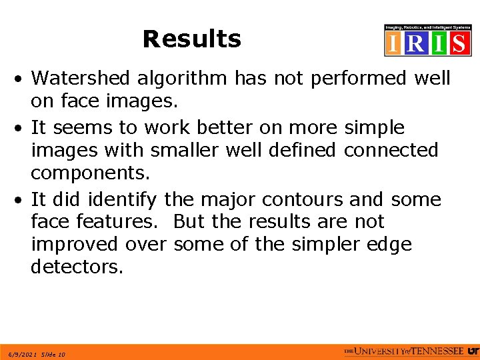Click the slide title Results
[191, 39]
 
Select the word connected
[391, 151]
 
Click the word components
[90, 173]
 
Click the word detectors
[77, 267]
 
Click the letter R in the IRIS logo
[415, 43]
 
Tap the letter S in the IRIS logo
[459, 43]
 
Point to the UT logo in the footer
[472, 351]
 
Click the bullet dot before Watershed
[22, 79]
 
